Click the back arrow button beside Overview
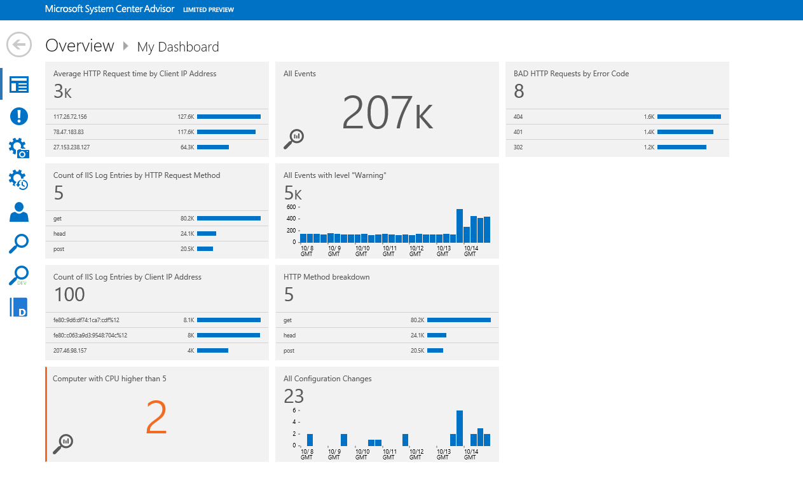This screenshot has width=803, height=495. (x=19, y=44)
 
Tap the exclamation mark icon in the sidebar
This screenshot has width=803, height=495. (x=19, y=116)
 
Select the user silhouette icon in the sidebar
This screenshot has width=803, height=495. (x=19, y=212)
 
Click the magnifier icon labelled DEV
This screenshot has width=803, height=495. (x=18, y=275)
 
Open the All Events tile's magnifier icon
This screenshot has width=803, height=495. (x=294, y=139)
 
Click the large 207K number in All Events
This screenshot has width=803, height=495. (x=387, y=112)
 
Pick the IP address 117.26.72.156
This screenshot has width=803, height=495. (x=70, y=117)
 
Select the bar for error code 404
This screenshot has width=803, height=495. (x=689, y=116)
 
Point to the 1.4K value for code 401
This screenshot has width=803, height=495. (x=649, y=132)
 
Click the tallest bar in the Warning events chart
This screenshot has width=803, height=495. (x=460, y=226)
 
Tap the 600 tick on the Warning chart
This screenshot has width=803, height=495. (x=291, y=207)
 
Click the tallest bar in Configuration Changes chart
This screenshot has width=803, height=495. (x=460, y=428)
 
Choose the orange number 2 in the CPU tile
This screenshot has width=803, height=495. (x=156, y=417)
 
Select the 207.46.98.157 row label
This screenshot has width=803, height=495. (x=70, y=351)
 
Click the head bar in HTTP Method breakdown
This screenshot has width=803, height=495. (x=437, y=336)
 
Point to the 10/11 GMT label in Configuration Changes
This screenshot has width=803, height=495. (x=389, y=454)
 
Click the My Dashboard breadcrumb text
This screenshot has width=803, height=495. (x=178, y=47)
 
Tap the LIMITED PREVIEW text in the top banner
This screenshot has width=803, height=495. (x=209, y=10)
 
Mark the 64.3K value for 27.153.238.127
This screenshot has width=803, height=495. (x=187, y=147)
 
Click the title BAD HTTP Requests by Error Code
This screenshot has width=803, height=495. (x=571, y=74)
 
